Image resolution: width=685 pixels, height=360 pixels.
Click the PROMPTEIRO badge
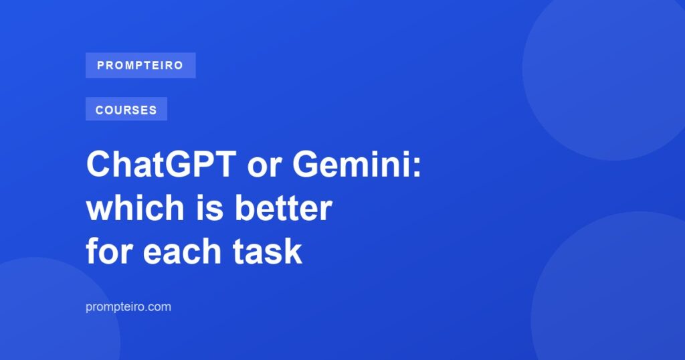(140, 66)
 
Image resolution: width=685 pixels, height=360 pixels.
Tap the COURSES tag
(126, 109)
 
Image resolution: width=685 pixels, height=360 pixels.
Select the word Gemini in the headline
(352, 164)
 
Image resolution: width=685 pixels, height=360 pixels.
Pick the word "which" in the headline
(135, 207)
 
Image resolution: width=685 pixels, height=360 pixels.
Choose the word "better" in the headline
(284, 207)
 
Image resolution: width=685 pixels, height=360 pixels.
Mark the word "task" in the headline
(267, 251)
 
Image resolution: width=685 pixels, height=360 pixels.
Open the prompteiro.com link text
(128, 306)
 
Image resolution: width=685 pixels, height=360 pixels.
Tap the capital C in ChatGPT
(99, 164)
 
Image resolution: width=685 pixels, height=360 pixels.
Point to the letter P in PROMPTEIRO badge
(101, 66)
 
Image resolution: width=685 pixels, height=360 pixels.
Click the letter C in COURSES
(99, 110)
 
